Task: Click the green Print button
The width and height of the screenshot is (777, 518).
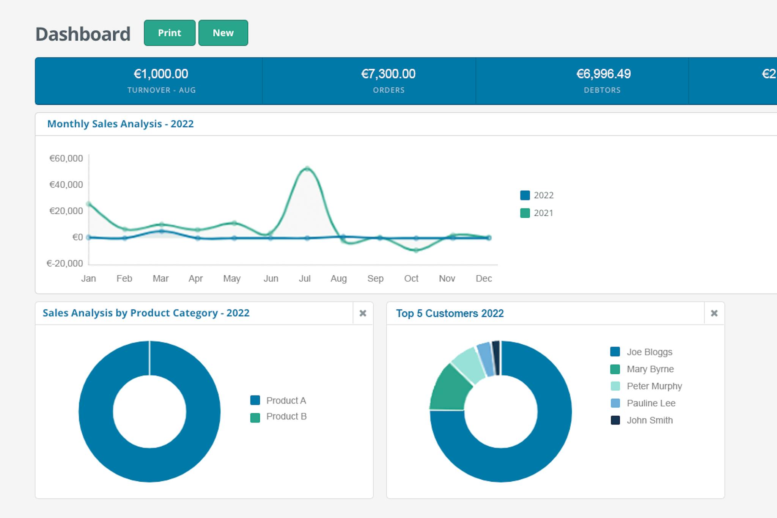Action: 170,33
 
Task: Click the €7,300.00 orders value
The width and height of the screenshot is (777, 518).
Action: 388,74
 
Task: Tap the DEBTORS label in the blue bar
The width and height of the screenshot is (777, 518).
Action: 602,90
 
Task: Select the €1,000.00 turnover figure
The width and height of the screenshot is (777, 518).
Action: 161,74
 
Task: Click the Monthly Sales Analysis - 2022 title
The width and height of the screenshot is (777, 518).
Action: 120,124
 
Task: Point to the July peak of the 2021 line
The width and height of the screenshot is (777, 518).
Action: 307,169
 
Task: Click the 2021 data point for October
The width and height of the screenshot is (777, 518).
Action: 416,250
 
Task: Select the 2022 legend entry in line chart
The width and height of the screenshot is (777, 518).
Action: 537,195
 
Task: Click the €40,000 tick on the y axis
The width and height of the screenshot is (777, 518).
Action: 66,185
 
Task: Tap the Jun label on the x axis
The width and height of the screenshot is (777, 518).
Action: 271,279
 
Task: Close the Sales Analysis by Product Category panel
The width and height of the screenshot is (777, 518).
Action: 363,313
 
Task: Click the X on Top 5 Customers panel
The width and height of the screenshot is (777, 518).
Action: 714,313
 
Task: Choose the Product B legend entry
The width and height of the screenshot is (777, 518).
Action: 279,417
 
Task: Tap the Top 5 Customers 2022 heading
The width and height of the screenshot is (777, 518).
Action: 450,314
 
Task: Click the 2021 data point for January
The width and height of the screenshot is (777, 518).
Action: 89,204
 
